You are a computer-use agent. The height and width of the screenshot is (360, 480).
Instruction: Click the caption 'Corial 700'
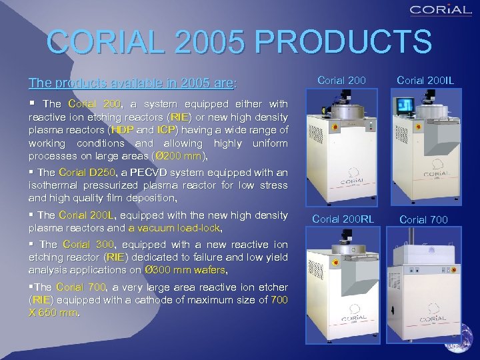(425, 219)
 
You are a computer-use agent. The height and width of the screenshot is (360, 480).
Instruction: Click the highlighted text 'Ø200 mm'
(181, 156)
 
